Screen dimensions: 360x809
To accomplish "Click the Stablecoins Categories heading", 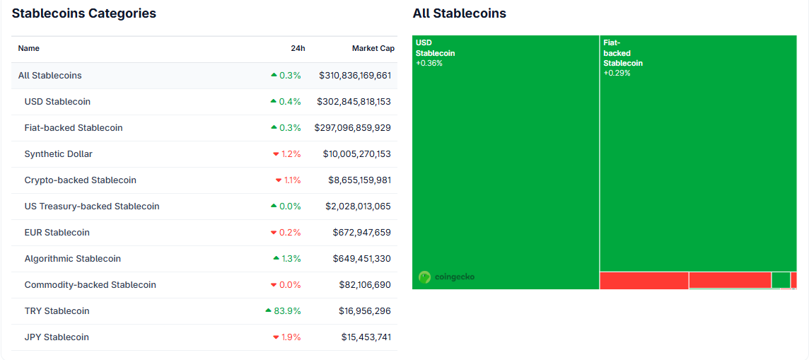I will (x=84, y=13).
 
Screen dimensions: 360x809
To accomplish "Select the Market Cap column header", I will (x=373, y=48).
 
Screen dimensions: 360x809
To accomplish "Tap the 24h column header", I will (x=298, y=48).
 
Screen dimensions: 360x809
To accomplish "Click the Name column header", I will (x=29, y=48).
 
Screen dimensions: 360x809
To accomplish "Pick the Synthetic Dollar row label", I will (x=58, y=154).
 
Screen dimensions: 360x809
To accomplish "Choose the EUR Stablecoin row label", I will (x=57, y=233).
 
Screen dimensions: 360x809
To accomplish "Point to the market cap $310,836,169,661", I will (x=354, y=76).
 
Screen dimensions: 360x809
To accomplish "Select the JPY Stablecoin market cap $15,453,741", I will (x=366, y=337).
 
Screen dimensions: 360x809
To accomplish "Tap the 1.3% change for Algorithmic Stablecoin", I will (x=291, y=259).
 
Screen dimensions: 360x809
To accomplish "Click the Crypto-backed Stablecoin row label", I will (x=80, y=180).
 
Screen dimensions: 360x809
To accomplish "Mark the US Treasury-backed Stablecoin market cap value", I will (x=358, y=207).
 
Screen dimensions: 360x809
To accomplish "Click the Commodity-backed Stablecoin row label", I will (x=90, y=285).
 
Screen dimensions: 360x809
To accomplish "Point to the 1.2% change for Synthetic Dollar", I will (x=291, y=154).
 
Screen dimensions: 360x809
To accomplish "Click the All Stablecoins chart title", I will (x=459, y=13).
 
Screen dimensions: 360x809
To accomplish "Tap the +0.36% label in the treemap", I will (x=429, y=64).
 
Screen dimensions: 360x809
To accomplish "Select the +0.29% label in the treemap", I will (x=617, y=74).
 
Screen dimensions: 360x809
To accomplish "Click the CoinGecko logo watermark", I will (x=446, y=277).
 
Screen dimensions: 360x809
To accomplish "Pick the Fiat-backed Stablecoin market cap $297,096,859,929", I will (x=352, y=128).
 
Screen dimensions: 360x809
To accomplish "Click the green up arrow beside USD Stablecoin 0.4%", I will (x=273, y=102).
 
